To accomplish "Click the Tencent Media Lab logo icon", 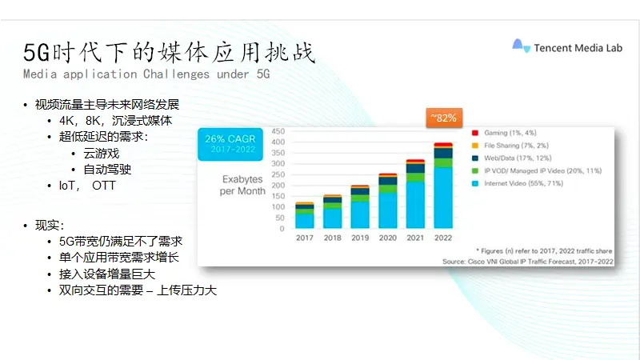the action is (x=522, y=46).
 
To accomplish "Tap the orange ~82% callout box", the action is (x=444, y=118).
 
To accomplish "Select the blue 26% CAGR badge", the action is (x=230, y=144).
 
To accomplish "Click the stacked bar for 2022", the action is (x=443, y=186).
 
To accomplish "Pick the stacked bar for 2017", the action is (x=305, y=215).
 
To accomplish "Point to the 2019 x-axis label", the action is (x=360, y=238).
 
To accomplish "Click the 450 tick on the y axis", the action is (x=278, y=131).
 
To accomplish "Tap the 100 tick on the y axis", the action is (x=278, y=207).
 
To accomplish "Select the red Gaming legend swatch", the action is (x=475, y=133).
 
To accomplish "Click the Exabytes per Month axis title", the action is (x=242, y=185).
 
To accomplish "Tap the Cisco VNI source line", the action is (x=528, y=262).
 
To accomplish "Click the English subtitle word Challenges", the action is (x=176, y=74).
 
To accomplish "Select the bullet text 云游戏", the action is (x=102, y=154).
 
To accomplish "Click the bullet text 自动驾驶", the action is (x=107, y=170).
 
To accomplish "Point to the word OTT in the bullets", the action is (x=104, y=186).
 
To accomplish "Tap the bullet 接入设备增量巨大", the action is (x=107, y=274).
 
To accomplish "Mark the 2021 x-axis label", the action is (x=415, y=238).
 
